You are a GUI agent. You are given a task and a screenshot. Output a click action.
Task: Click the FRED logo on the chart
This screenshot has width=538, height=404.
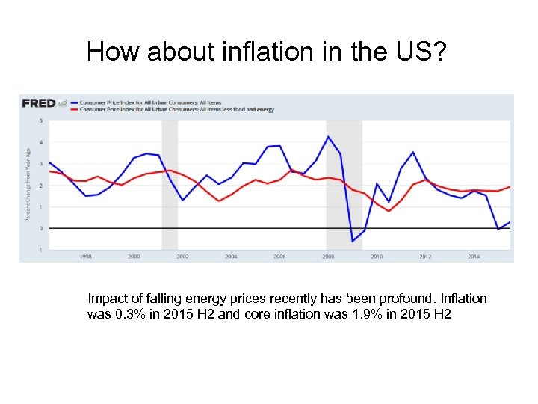point(40,103)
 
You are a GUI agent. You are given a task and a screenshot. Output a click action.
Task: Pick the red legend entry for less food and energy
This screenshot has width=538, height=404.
point(176,109)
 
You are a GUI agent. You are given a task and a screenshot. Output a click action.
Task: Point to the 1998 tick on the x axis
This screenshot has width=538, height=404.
point(85,256)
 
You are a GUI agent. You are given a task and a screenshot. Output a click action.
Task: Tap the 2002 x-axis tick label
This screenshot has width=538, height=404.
point(182,256)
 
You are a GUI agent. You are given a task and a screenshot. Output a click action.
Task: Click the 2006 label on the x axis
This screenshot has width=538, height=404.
point(279,256)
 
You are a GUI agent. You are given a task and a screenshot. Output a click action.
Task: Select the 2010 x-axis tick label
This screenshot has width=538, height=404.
point(377,256)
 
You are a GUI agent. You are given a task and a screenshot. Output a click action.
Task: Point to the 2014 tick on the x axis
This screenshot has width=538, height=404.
point(474,256)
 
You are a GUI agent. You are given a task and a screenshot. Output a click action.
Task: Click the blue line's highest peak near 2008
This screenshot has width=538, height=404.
point(327,136)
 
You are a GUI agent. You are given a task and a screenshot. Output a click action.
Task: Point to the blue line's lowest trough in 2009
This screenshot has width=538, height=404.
point(353,241)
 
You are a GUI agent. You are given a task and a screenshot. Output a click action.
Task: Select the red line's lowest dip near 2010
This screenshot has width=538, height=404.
point(389,211)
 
